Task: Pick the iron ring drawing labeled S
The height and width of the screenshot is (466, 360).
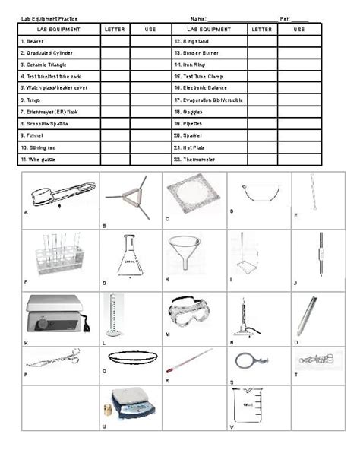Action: point(245,360)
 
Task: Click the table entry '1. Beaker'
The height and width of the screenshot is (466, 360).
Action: point(35,40)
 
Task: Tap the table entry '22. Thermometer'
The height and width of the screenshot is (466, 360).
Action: point(196,160)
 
